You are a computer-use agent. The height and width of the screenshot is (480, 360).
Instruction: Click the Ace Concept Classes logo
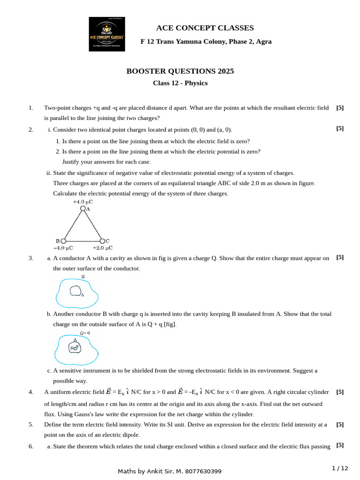pos(107,34)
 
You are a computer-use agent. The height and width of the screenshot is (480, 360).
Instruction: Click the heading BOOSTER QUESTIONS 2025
pos(180,71)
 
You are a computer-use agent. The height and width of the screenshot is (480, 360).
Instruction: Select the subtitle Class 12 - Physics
pos(180,83)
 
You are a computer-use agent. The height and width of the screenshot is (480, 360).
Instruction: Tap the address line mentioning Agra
pos(206,42)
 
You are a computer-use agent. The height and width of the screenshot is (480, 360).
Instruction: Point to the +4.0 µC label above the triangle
pos(82,202)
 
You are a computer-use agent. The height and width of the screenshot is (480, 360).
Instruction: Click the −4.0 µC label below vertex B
pos(63,247)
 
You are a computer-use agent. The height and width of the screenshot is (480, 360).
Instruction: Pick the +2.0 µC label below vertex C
pos(102,247)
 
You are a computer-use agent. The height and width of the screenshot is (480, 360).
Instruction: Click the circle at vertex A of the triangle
pos(83,209)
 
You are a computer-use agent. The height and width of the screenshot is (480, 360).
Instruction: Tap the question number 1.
pos(31,108)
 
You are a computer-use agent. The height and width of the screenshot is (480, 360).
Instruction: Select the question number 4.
pos(31,392)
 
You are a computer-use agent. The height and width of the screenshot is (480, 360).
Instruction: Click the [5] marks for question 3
pos(340,257)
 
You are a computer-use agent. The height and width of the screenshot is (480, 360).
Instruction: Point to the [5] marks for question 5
pos(340,424)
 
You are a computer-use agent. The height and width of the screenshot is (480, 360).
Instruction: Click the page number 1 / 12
pos(340,468)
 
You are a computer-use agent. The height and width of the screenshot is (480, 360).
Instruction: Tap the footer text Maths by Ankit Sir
pos(170,471)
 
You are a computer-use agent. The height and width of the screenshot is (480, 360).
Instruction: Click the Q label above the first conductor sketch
pos(83,277)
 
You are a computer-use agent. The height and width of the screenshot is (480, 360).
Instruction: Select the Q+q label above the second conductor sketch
pos(85,333)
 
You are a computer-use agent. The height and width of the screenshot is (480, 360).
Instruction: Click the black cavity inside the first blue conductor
pos(75,291)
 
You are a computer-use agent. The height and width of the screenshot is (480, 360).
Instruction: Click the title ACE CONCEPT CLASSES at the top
pos(205,28)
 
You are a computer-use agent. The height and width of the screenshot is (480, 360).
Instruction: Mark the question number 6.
pos(31,446)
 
